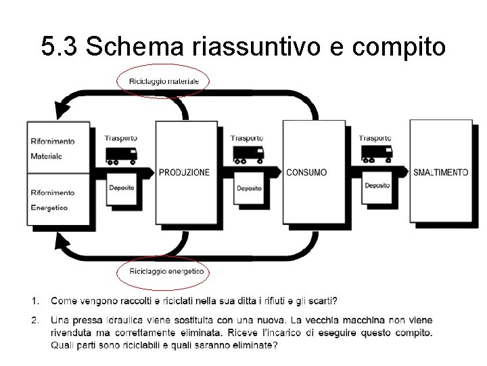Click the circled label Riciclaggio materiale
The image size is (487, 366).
pyautogui.click(x=164, y=81)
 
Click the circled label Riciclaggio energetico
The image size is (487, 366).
pyautogui.click(x=162, y=271)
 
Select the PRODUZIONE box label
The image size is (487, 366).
pyautogui.click(x=184, y=173)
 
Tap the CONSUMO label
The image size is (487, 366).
pyautogui.click(x=306, y=173)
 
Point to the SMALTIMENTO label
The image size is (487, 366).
pyautogui.click(x=440, y=173)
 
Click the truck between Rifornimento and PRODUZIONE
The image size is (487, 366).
pyautogui.click(x=122, y=156)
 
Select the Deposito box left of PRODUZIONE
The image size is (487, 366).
pyautogui.click(x=122, y=188)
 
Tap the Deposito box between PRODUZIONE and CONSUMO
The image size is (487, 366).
pyautogui.click(x=249, y=188)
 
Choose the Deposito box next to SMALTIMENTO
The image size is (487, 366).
pyautogui.click(x=377, y=186)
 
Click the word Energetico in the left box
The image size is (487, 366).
pyautogui.click(x=49, y=207)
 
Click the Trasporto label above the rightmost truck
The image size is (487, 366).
pyautogui.click(x=375, y=138)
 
